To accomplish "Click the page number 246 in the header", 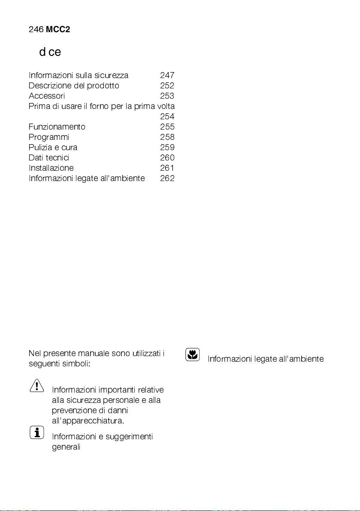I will [36, 30].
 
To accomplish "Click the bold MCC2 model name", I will [58, 30].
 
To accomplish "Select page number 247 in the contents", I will [167, 76].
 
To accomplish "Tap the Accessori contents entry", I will [47, 96].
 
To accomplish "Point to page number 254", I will [167, 116].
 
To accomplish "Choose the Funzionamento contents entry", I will [57, 127].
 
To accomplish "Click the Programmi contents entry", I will [49, 137].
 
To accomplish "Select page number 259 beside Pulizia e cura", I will [167, 147].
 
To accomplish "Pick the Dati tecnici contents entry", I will [49, 157].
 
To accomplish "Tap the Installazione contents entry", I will [51, 168].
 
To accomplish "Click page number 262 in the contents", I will [167, 178].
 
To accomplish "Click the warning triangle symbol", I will [37, 386].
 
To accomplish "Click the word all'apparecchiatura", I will [88, 420].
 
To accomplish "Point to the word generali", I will [67, 447].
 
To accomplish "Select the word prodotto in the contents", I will [103, 85].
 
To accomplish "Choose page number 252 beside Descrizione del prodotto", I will [167, 85].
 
